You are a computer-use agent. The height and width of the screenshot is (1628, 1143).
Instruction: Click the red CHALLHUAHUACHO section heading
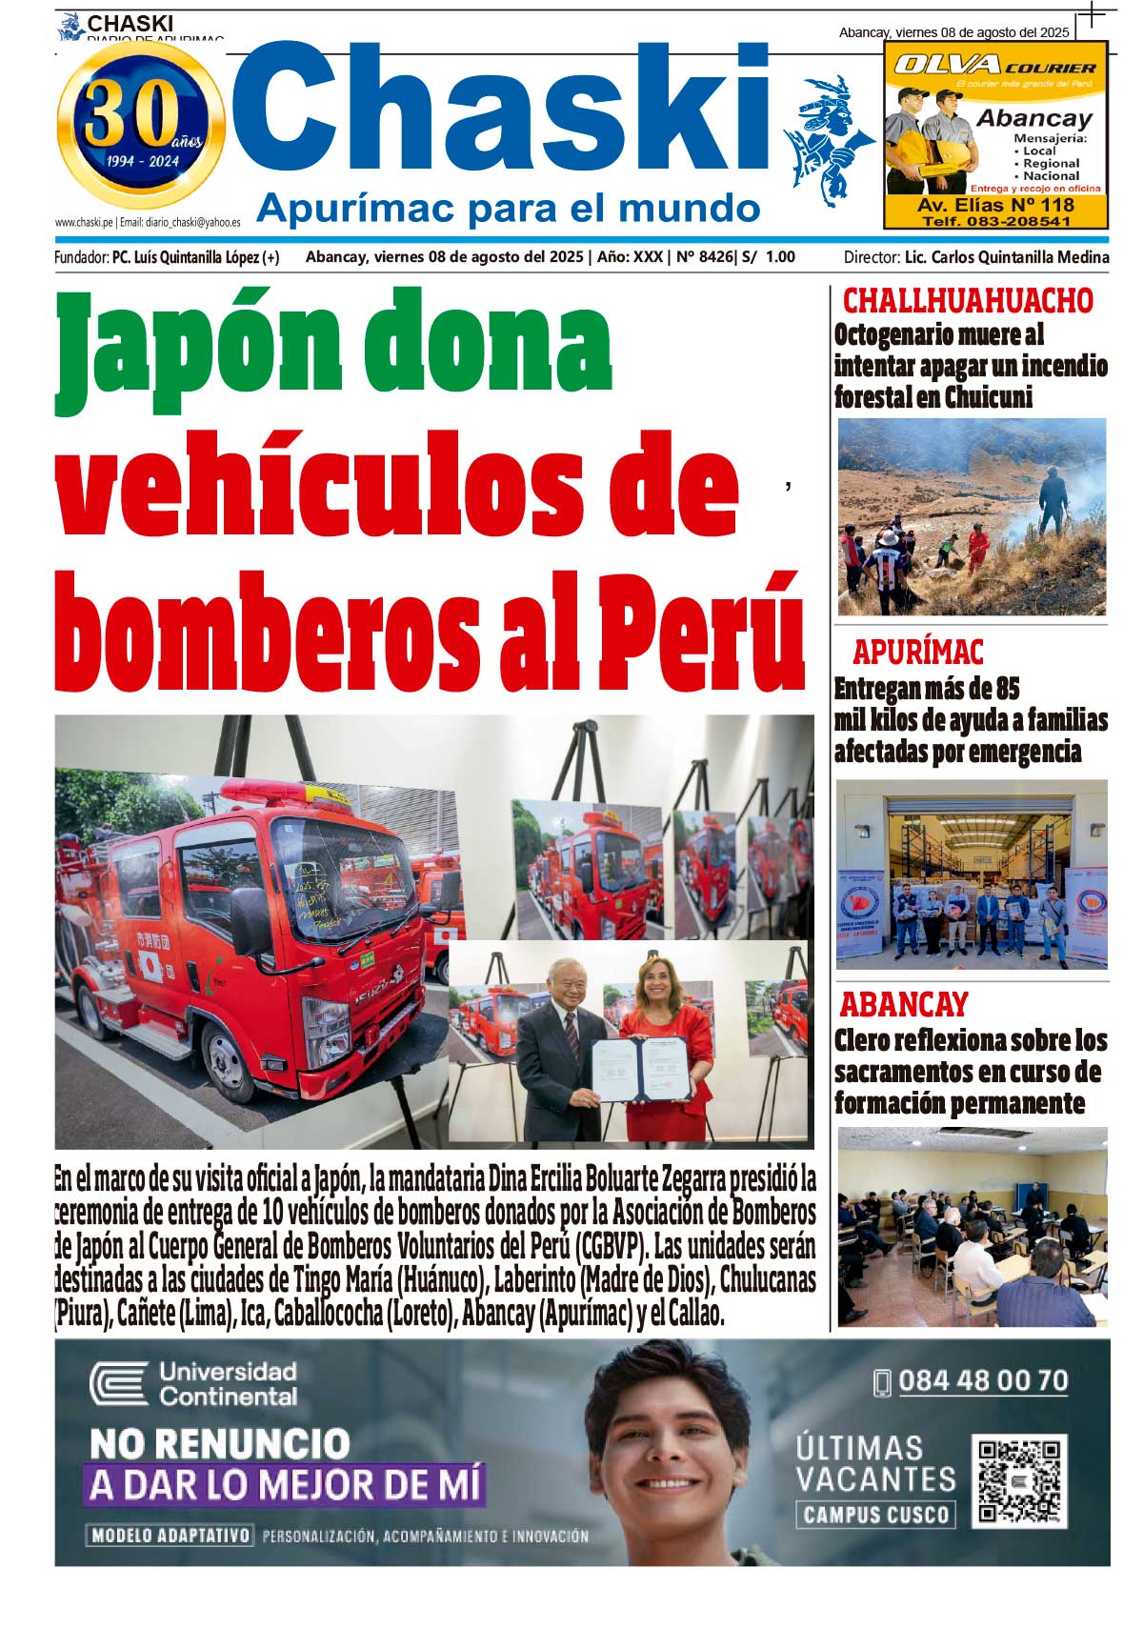[968, 301]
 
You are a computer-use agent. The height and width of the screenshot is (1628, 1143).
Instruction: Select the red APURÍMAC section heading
[917, 653]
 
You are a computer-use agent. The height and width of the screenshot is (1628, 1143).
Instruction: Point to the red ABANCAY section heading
[903, 1004]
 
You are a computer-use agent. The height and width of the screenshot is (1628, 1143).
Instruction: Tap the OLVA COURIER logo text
[994, 66]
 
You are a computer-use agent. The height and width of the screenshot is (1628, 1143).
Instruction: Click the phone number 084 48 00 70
[982, 1381]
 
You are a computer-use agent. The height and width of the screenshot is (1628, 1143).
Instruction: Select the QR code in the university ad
[1019, 1481]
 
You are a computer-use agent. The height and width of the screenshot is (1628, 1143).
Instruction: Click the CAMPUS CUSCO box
[875, 1515]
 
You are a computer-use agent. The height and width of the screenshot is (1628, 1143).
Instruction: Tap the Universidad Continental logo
[193, 1384]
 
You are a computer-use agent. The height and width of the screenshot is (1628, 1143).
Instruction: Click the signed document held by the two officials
[641, 1069]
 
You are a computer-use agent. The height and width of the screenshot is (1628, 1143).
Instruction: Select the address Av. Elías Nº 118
[995, 205]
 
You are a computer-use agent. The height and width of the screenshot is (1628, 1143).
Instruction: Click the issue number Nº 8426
[704, 257]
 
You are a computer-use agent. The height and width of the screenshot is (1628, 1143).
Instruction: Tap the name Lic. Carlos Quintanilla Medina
[1006, 257]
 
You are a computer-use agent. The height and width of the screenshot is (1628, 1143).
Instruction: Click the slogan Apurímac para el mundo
[508, 208]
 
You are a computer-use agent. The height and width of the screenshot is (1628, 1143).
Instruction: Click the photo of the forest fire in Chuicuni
[972, 517]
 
